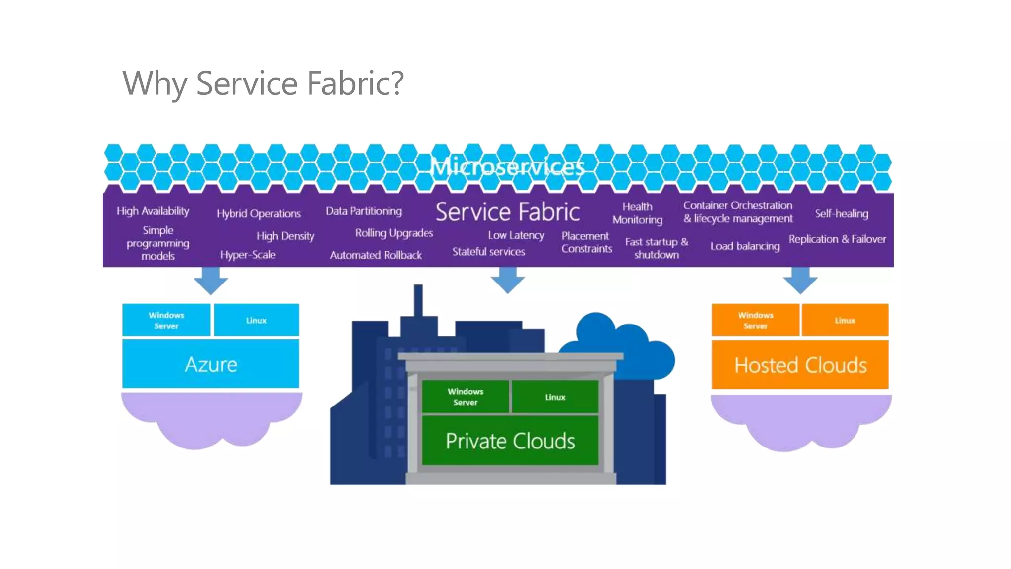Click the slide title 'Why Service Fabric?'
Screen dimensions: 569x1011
(263, 83)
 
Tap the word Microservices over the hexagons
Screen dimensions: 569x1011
(508, 167)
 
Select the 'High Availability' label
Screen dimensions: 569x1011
(153, 211)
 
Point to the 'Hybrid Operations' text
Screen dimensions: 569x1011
(259, 214)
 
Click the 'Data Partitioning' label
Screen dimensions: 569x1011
(364, 211)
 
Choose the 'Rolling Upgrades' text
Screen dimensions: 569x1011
(394, 233)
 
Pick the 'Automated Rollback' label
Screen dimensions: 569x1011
(376, 255)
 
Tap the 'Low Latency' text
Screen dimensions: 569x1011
(516, 235)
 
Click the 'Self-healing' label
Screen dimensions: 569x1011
(841, 214)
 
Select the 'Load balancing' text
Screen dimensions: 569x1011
(745, 246)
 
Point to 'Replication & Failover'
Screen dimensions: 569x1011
(837, 239)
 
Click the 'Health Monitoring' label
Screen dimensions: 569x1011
(637, 213)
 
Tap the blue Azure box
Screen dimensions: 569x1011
(211, 365)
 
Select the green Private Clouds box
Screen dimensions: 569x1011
(510, 441)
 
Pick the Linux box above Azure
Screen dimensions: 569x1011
(256, 321)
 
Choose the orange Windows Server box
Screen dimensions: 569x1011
(755, 321)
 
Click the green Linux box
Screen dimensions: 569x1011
(555, 397)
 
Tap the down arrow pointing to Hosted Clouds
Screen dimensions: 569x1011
(800, 281)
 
